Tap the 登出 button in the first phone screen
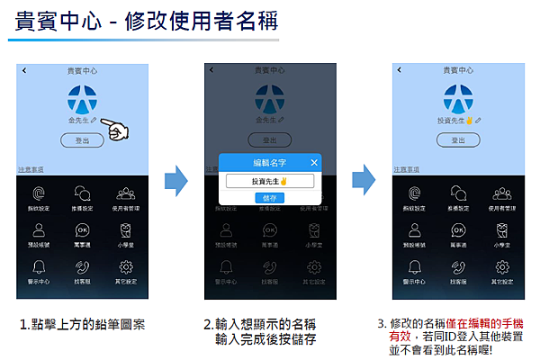82,140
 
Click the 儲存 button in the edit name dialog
270,197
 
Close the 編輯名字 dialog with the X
313,162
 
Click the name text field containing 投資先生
270,181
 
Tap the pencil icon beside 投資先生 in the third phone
479,120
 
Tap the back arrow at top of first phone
24,70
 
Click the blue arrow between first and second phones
175,181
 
